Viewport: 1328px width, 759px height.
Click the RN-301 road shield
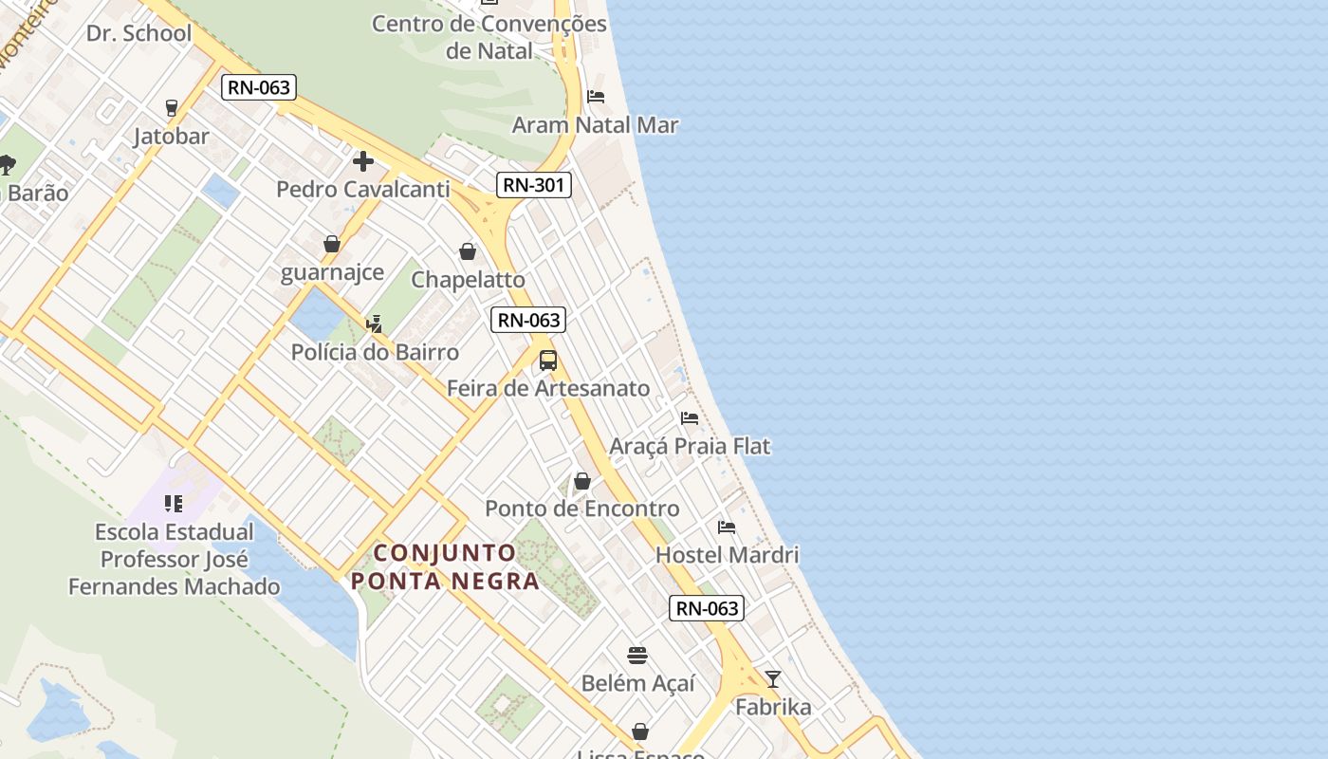click(x=534, y=184)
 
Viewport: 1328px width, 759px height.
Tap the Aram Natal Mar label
click(x=595, y=125)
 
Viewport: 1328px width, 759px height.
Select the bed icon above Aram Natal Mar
click(x=596, y=97)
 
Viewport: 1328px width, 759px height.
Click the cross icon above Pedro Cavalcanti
click(x=362, y=161)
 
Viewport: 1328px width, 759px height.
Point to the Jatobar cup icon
click(x=172, y=108)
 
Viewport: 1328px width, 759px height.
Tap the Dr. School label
click(x=138, y=33)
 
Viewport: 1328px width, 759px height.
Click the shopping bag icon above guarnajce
click(x=332, y=245)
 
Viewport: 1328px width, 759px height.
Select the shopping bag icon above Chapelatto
click(x=468, y=251)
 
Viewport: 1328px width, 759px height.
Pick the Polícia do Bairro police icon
click(x=375, y=324)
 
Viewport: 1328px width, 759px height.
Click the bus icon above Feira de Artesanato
click(x=548, y=361)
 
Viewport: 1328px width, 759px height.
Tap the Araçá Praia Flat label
click(x=690, y=446)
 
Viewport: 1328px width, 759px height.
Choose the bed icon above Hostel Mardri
click(x=727, y=528)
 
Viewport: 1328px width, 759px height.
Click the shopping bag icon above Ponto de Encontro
click(x=582, y=481)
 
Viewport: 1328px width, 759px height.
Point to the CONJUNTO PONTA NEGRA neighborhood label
click(x=445, y=566)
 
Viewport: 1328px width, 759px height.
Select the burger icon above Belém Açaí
click(x=637, y=656)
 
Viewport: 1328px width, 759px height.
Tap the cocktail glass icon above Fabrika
click(x=773, y=679)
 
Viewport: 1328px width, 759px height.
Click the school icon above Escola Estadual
click(x=174, y=503)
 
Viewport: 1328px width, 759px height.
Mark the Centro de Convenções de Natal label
click(x=489, y=36)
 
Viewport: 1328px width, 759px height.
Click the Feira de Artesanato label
click(x=548, y=388)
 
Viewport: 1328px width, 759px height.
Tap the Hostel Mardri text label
click(x=728, y=555)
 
